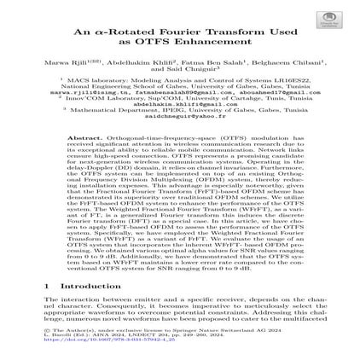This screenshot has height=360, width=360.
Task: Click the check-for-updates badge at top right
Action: (328, 17)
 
